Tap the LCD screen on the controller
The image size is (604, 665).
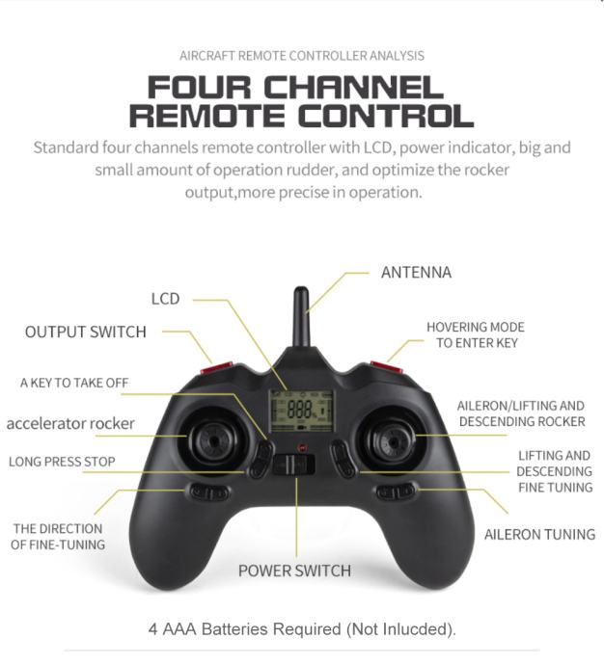(x=301, y=411)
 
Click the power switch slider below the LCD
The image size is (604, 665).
(x=293, y=465)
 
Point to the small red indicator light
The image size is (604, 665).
(x=302, y=447)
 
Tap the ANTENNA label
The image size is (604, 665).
(x=416, y=273)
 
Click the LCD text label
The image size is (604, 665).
(x=165, y=299)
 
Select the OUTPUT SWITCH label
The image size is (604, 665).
(x=85, y=332)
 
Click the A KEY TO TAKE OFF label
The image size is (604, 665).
(x=74, y=383)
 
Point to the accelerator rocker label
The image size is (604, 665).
(x=70, y=423)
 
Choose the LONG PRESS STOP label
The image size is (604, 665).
(x=62, y=462)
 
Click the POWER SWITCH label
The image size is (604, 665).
(x=294, y=571)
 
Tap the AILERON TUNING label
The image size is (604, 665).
(x=539, y=534)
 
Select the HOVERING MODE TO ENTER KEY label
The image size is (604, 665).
(x=476, y=335)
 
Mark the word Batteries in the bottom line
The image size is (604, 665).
(x=234, y=628)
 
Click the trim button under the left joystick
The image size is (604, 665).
(x=209, y=492)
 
